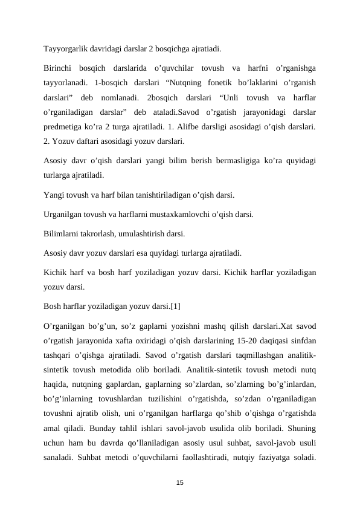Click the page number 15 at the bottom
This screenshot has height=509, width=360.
tap(180, 482)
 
